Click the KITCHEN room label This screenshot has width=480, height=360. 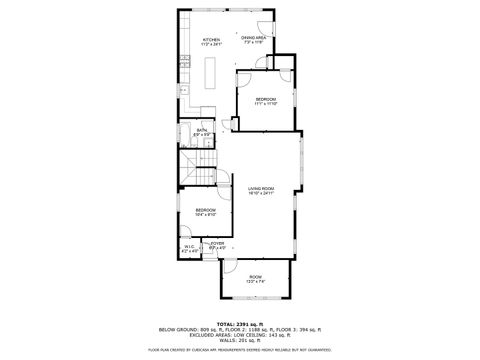click(210, 39)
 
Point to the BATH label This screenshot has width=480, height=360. click(202, 130)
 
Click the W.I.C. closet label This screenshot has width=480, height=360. click(189, 246)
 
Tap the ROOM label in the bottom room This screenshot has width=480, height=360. click(256, 277)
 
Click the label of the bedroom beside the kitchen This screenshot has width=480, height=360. click(265, 99)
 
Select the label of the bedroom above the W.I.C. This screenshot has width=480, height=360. click(205, 209)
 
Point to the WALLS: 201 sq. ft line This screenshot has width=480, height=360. click(240, 342)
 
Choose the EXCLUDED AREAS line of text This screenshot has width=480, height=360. click(240, 337)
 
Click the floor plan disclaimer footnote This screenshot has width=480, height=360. click(240, 350)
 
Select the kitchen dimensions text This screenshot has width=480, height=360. click(210, 44)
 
